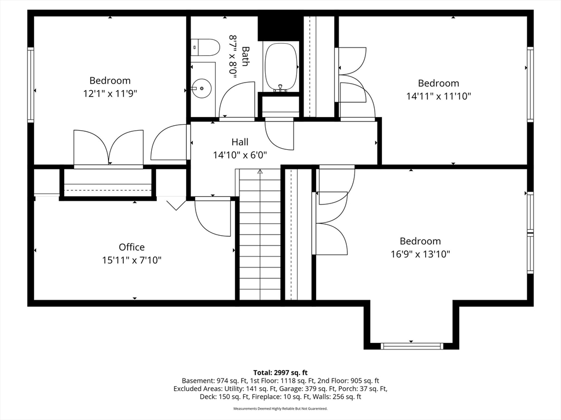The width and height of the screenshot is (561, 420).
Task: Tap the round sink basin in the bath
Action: tap(202, 88)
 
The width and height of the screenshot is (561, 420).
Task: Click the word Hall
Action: tap(240, 142)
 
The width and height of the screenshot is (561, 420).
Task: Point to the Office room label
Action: tap(131, 247)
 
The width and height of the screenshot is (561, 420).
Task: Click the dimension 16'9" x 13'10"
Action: tap(420, 254)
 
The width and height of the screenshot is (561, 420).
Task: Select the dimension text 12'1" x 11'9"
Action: tap(110, 94)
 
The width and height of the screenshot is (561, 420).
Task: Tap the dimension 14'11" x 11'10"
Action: tap(439, 96)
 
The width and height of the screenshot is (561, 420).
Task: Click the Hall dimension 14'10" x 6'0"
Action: tap(240, 155)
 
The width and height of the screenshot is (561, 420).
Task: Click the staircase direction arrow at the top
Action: tap(260, 172)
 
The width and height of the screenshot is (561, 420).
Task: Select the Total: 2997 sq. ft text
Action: tap(280, 373)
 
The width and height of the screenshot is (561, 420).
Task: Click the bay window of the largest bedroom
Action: tap(411, 346)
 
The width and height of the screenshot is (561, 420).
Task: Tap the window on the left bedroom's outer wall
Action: tap(31, 85)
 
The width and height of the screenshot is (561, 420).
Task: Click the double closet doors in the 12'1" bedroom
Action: tap(109, 148)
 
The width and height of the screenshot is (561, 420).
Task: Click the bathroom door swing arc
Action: tap(237, 100)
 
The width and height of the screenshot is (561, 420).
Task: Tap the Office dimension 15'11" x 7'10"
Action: tap(131, 260)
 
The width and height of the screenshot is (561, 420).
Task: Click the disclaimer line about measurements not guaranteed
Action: tap(280, 408)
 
